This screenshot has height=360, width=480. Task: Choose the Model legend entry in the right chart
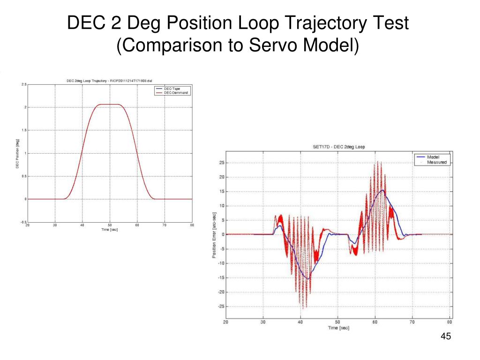[433, 157]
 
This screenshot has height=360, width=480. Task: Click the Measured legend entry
[436, 162]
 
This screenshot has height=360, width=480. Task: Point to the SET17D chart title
[338, 147]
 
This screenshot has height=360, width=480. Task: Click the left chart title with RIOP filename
[109, 80]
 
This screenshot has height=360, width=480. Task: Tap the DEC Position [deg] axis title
[17, 153]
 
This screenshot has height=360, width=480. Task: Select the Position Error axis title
[214, 234]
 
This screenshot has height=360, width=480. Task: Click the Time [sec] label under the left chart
[109, 230]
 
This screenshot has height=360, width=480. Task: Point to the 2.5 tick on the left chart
[24, 84]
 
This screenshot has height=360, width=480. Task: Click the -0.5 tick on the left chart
[23, 222]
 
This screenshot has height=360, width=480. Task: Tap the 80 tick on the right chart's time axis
[450, 322]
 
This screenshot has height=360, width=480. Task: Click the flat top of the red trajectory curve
[109, 105]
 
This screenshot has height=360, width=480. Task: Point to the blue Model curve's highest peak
[383, 190]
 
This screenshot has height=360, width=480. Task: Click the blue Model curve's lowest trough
[308, 279]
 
